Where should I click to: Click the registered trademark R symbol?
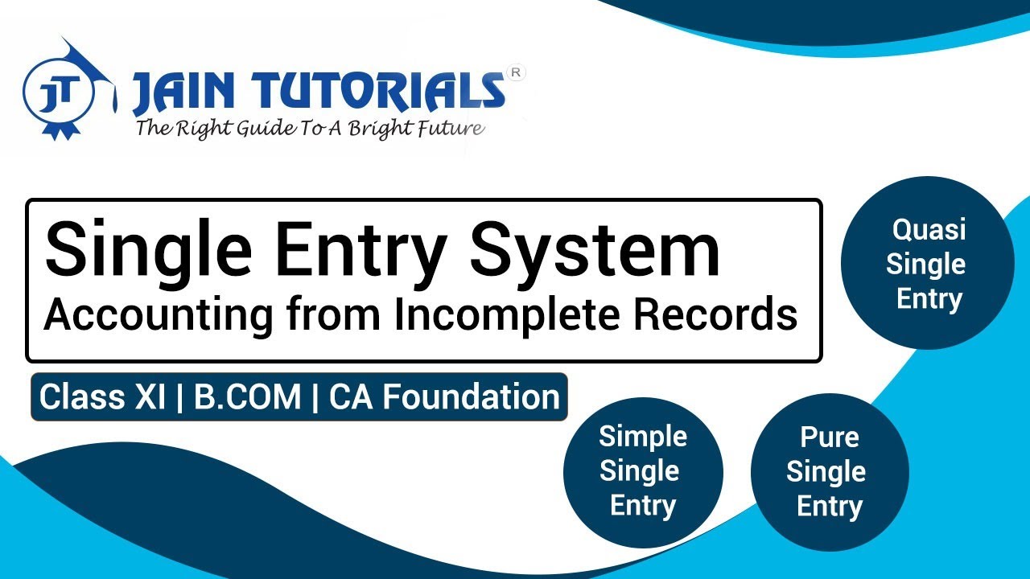coord(517,72)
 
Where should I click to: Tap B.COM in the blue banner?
coord(247,397)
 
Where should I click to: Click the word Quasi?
coord(928,229)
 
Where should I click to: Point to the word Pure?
coord(829,437)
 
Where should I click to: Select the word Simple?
coord(642,437)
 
